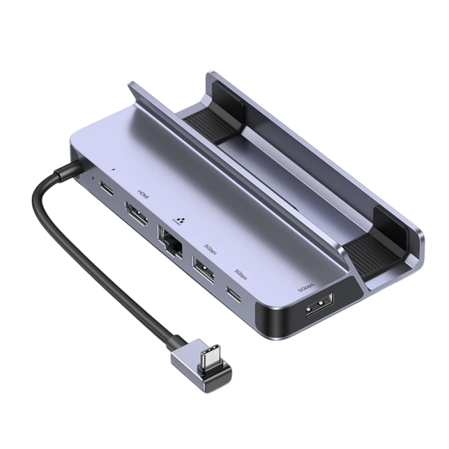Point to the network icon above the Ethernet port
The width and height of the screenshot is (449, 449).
(174, 220)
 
